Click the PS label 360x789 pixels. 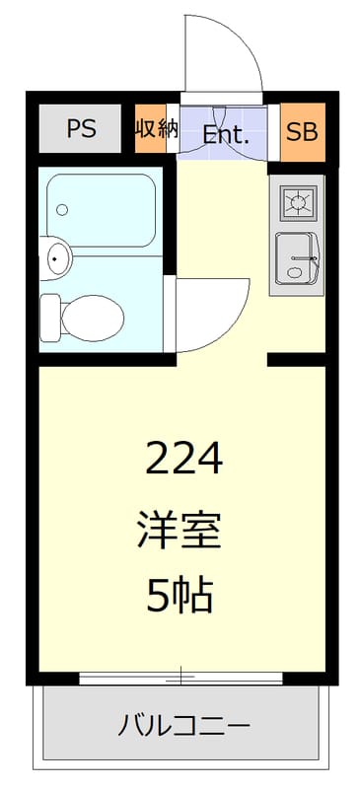[81, 129]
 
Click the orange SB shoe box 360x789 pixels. [302, 130]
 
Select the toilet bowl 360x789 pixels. [94, 317]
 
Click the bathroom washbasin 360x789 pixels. [58, 259]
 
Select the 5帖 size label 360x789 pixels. [180, 596]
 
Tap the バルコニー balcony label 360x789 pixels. [184, 728]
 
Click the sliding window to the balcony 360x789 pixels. [181, 677]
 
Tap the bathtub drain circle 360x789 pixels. [62, 209]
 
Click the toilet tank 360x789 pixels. [50, 316]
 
